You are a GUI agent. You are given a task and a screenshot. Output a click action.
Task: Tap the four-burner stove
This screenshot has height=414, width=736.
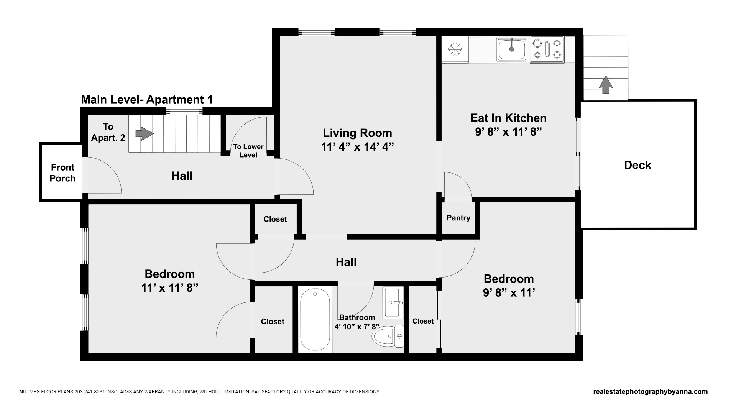pos(547,49)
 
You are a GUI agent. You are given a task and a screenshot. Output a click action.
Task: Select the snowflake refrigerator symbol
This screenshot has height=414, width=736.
pos(455,49)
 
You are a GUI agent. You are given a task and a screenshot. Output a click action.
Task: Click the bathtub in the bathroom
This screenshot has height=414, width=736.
pos(315,320)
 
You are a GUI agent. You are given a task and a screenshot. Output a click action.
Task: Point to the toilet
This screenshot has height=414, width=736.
pos(388,336)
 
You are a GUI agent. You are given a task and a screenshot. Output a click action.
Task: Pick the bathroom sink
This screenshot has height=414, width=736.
pos(394,302)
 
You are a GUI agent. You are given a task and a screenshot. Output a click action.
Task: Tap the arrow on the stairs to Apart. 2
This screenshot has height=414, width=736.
pos(145,134)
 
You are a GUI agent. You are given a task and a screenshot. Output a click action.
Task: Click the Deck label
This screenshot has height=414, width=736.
pos(637,165)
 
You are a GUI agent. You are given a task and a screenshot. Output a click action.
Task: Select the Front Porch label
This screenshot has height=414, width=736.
pos(62,173)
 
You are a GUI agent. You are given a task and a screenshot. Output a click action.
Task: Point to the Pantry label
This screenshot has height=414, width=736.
pos(458,218)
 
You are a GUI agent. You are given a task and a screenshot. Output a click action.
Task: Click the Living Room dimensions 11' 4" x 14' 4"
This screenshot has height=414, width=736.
pos(357,147)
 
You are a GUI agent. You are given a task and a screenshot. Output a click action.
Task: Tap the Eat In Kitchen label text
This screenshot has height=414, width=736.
pos(508,118)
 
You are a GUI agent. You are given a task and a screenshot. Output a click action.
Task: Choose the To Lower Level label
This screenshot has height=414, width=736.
pos(248,151)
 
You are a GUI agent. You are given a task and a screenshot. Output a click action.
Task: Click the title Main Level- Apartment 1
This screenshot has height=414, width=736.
pos(147,100)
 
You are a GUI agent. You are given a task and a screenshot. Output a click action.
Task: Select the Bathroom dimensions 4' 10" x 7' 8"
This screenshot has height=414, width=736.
pos(357,327)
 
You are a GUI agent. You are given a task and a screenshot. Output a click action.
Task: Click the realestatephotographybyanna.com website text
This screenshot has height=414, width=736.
pos(650,392)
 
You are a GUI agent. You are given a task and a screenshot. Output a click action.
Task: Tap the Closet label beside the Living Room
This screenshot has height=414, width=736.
pos(275,219)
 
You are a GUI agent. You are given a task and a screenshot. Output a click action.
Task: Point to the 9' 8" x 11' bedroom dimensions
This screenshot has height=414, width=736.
pos(509,293)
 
